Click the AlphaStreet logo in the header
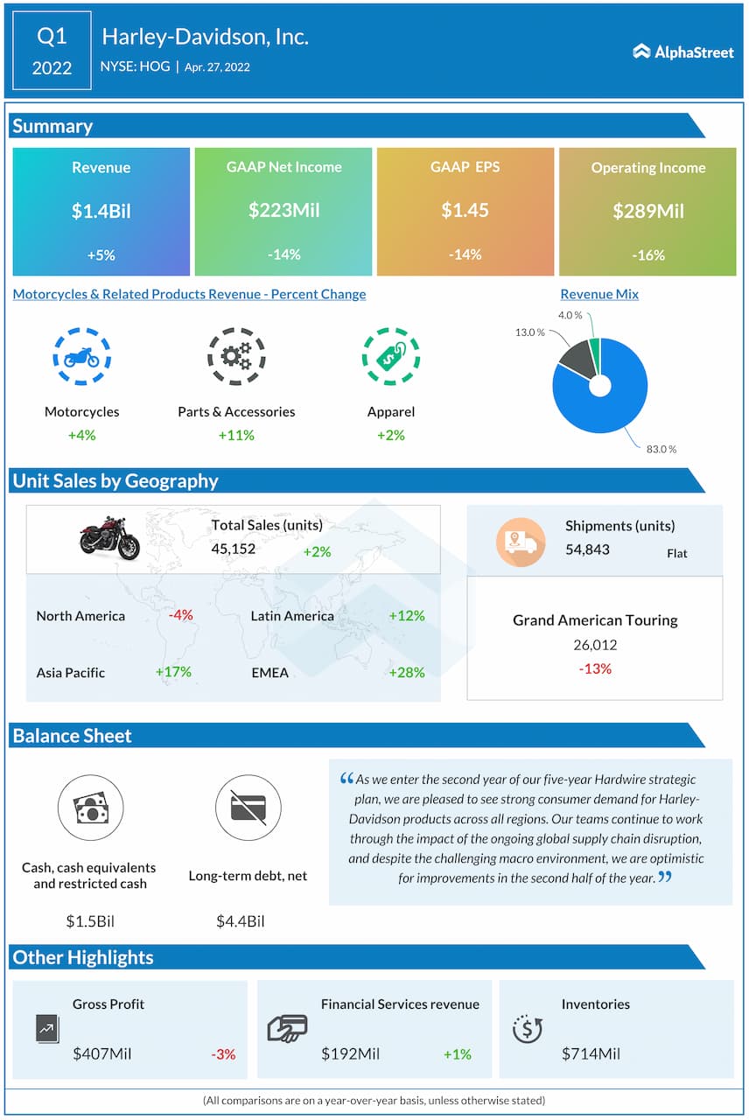point(683,52)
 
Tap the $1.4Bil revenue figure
point(101,211)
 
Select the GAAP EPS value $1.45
point(465,210)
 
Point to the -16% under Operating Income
point(647,255)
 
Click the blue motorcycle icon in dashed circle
point(81,357)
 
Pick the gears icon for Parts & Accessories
point(236,357)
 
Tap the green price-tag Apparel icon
point(390,357)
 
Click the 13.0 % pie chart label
point(528,332)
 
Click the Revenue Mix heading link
point(599,294)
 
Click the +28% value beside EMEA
point(407,672)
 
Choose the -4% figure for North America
point(181,615)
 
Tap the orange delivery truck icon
point(521,542)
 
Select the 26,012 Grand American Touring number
point(595,645)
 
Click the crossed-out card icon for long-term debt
point(248,808)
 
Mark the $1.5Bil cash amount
point(90,920)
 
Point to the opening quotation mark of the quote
point(346,778)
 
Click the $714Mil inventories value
point(591,1053)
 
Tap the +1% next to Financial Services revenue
point(457,1054)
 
